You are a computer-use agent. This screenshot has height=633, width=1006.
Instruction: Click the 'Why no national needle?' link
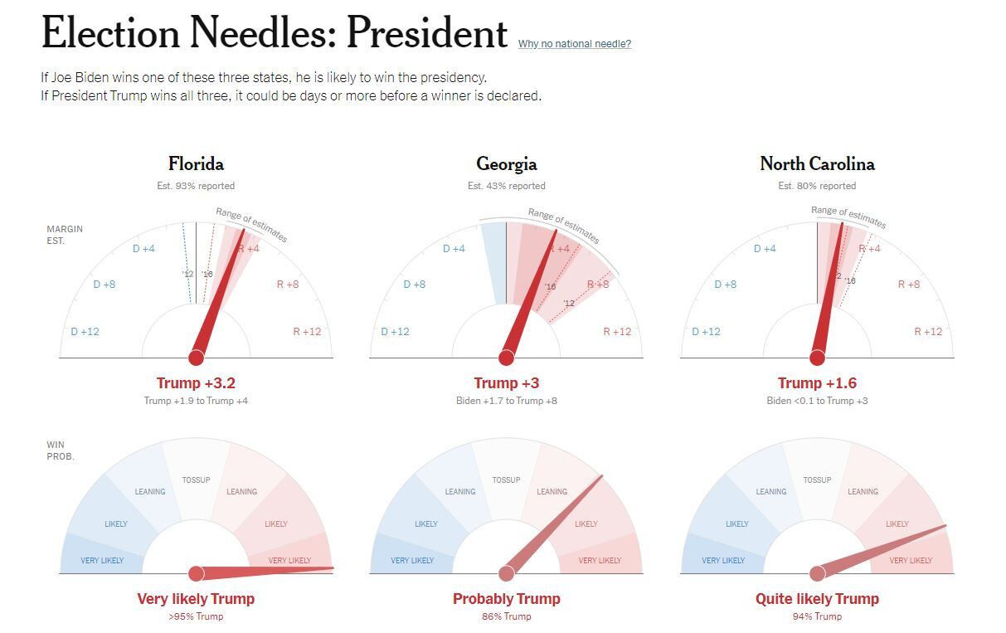tap(574, 44)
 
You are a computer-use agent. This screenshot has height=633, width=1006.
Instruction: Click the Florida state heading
tap(196, 163)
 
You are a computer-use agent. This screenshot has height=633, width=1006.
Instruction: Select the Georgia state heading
tap(506, 163)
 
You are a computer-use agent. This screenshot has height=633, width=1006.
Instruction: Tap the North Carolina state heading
tap(817, 163)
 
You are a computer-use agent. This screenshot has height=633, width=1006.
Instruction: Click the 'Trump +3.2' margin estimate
tap(196, 383)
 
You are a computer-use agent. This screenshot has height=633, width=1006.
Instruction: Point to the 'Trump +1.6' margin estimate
tap(817, 383)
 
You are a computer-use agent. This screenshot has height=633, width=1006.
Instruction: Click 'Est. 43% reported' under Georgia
tap(506, 186)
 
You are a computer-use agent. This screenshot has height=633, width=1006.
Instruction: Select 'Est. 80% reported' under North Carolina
tap(817, 186)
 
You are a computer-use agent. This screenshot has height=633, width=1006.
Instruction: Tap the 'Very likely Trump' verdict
tap(196, 599)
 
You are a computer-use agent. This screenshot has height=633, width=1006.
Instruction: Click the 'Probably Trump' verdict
tap(506, 599)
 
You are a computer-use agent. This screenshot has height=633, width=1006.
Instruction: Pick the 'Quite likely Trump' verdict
tap(817, 599)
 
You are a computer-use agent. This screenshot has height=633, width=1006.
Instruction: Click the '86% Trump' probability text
tap(506, 616)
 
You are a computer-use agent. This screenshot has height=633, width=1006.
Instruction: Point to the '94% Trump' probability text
tap(817, 616)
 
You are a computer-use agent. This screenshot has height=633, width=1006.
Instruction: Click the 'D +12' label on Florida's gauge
tap(85, 332)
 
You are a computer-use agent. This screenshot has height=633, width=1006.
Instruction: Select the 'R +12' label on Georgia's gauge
tap(617, 332)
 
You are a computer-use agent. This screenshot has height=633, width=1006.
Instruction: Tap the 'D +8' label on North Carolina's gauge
tap(725, 285)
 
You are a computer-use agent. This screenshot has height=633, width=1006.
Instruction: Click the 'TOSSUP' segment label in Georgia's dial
tap(506, 480)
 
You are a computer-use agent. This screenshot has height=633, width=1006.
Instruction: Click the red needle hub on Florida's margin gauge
tap(196, 358)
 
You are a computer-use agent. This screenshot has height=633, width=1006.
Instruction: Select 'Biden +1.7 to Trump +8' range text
tap(506, 401)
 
